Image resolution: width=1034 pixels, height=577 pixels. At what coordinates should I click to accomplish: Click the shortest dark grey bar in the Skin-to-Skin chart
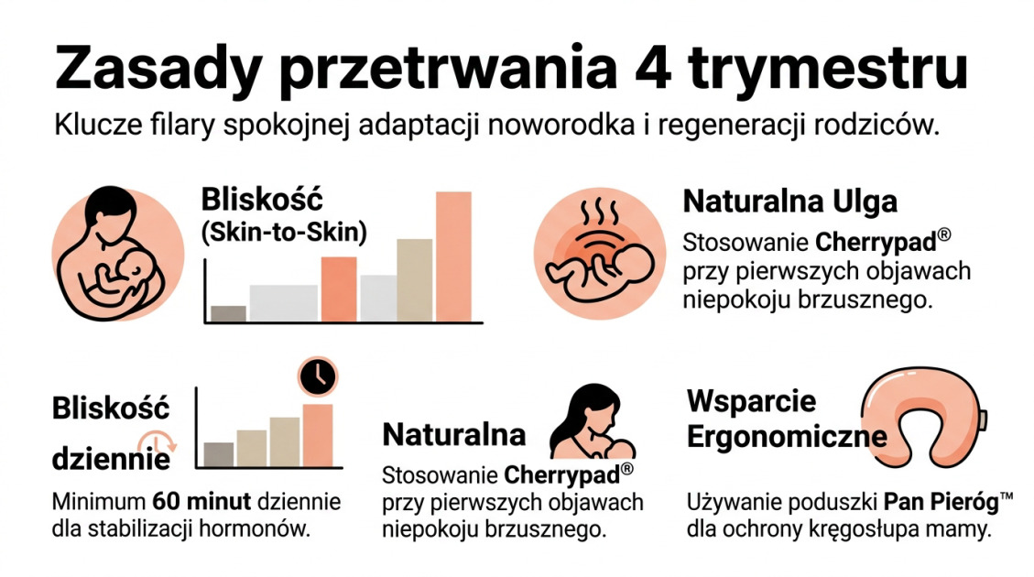pos(228,313)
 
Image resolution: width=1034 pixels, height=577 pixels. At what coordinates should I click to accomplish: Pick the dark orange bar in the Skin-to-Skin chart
pos(339,288)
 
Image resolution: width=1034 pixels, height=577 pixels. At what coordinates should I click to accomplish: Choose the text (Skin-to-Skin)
pos(283,233)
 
